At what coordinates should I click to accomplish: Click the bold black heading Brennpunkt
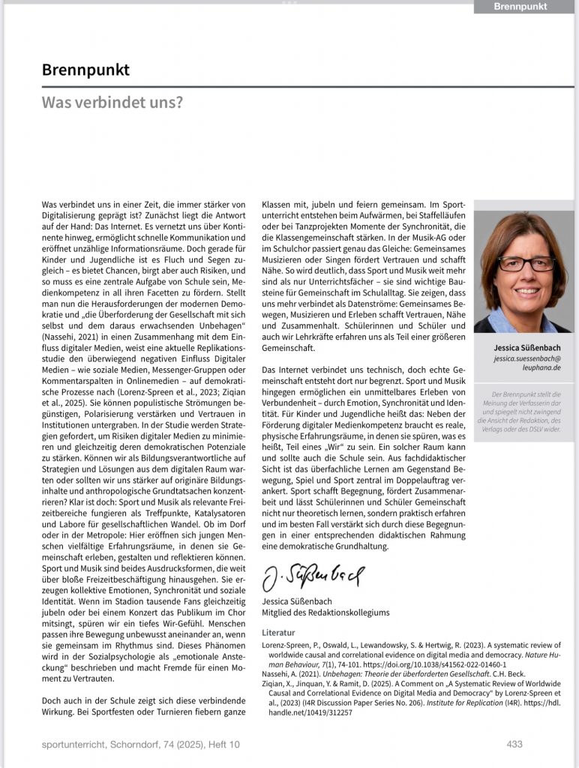pyautogui.click(x=85, y=70)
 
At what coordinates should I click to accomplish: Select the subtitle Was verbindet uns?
pyautogui.click(x=112, y=102)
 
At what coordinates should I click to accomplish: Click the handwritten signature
pyautogui.click(x=313, y=577)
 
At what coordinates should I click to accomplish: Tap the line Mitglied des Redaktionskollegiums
pyautogui.click(x=325, y=613)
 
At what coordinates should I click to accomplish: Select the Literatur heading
pyautogui.click(x=278, y=632)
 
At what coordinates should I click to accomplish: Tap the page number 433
pyautogui.click(x=514, y=744)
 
